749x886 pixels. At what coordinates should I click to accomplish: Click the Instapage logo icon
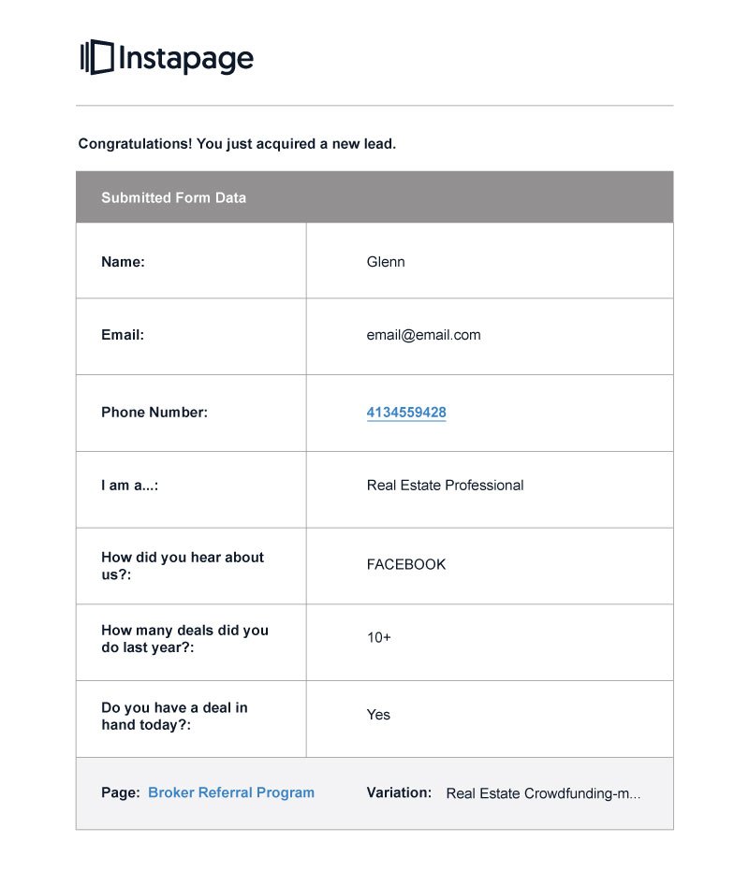(96, 58)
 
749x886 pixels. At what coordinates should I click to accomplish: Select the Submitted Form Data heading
(173, 197)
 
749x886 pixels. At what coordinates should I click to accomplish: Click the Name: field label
(123, 262)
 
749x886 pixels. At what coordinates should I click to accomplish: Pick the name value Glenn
(386, 262)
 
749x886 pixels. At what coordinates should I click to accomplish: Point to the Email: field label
(123, 335)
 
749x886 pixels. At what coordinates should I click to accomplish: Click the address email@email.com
(423, 335)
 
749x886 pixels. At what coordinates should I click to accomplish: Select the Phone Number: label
(154, 412)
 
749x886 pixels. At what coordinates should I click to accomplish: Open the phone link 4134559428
(406, 412)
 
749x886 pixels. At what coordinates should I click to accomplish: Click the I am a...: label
(129, 486)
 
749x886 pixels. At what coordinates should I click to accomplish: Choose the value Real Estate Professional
(445, 486)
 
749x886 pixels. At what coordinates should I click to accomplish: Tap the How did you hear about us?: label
(183, 565)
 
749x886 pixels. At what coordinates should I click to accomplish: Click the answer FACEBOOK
(406, 564)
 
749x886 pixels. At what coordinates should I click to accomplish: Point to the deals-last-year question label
(184, 638)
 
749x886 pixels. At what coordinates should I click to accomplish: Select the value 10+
(379, 637)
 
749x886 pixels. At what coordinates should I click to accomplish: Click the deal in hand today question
(174, 716)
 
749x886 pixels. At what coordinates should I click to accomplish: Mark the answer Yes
(378, 715)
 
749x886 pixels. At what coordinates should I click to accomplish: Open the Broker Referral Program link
(231, 792)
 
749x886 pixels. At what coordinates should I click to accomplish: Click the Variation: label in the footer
(399, 792)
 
